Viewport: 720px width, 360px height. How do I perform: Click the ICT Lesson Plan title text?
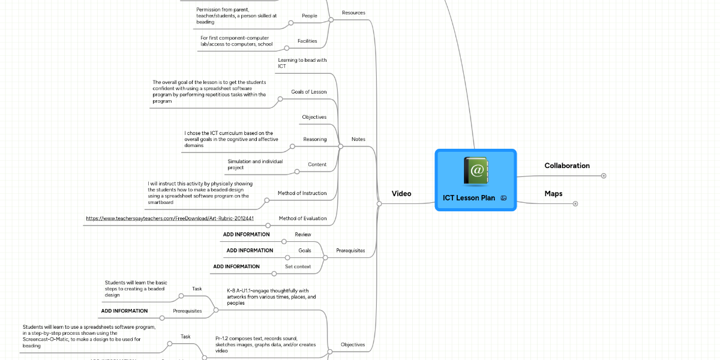469,198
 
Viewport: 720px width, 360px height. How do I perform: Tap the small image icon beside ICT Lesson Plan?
503,198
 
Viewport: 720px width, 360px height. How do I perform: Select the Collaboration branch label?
566,166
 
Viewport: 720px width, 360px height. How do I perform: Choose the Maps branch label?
553,194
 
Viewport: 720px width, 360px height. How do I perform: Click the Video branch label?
401,194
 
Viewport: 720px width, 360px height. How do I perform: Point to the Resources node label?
353,13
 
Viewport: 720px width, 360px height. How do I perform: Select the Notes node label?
358,139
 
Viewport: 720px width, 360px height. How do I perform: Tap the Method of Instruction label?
302,193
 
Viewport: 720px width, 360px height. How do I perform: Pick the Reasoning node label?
314,139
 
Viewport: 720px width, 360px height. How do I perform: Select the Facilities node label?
307,41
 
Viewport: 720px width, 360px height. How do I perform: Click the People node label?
310,16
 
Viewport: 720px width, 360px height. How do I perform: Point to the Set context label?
298,266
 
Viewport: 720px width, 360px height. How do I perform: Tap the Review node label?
303,234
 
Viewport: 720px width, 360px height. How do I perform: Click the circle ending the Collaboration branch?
604,176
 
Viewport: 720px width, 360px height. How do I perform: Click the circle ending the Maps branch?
575,204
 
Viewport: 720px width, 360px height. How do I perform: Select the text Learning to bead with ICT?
302,63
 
